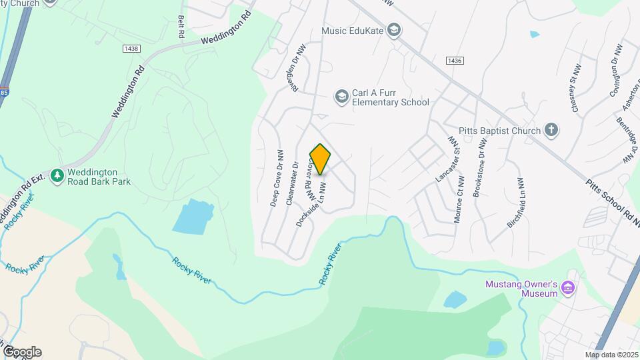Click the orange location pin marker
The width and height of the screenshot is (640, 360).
(321, 159)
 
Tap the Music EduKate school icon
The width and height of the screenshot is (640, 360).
(395, 30)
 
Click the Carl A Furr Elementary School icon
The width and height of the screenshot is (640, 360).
(342, 97)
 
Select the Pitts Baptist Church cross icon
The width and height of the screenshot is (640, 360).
(551, 130)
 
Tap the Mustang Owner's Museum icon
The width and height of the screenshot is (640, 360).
(567, 288)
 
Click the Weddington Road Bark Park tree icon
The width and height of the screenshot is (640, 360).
(58, 175)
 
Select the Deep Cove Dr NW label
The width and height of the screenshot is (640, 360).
(276, 177)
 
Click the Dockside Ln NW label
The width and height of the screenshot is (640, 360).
(311, 204)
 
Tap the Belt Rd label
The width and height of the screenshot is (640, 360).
(181, 27)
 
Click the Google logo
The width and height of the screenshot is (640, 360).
(22, 351)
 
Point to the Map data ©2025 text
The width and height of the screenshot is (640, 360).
(612, 355)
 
